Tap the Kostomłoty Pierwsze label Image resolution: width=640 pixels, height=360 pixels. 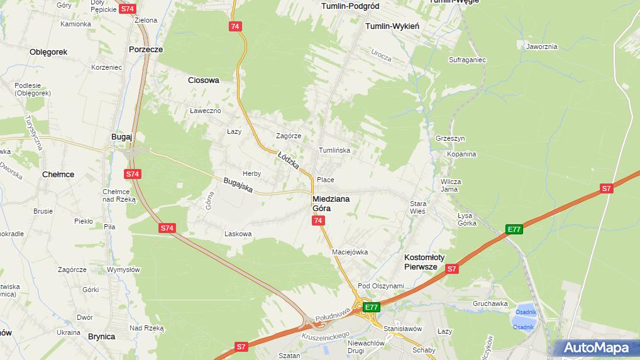(424, 262)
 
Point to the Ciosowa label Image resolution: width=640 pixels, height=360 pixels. (204, 80)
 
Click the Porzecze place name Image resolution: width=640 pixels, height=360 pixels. (145, 49)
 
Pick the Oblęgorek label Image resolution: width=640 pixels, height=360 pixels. (48, 52)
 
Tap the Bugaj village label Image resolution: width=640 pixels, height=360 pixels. (121, 136)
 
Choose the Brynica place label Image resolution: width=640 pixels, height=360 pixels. (101, 337)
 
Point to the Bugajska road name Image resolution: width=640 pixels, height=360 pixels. (238, 185)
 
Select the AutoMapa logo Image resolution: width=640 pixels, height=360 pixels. (596, 347)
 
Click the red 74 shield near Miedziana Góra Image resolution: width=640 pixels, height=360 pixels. (318, 221)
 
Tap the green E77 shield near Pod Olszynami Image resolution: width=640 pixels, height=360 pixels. (372, 307)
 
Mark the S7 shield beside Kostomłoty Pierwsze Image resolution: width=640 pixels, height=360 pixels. (451, 269)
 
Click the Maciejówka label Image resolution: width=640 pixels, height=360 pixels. (350, 252)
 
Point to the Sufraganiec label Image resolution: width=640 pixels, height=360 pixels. (466, 60)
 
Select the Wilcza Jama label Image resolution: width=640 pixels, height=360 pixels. (451, 185)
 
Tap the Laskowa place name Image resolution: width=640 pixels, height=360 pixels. (238, 234)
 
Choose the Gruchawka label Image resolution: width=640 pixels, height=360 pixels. (490, 303)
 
